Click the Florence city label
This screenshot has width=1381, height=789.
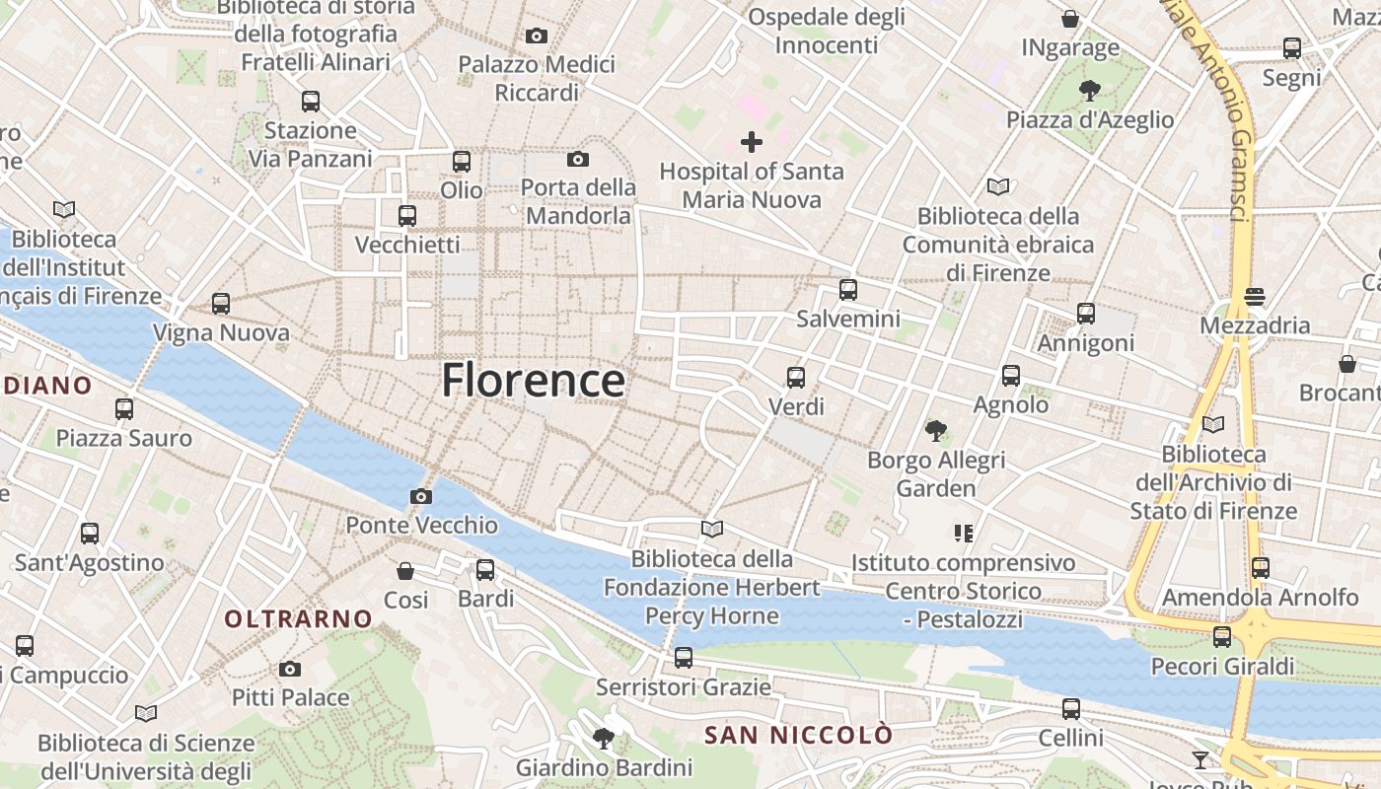[533, 381]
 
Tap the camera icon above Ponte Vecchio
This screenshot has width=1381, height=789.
[421, 496]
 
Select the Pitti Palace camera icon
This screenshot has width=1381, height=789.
[289, 669]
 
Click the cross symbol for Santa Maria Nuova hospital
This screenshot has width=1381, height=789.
[752, 142]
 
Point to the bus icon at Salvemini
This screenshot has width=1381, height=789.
[848, 290]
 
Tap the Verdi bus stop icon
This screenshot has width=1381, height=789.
[796, 377]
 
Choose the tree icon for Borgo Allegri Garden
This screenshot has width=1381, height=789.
[935, 430]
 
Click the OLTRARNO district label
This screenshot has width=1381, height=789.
[299, 619]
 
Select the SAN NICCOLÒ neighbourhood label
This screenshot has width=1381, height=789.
[799, 735]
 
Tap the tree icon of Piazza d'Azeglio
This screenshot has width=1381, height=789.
[1090, 91]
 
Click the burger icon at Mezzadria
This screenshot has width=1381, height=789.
[1255, 296]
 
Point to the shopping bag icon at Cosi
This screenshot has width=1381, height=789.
[405, 570]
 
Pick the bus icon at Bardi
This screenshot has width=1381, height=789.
[485, 569]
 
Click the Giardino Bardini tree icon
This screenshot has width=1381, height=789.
[604, 738]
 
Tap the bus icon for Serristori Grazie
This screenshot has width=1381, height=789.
[684, 657]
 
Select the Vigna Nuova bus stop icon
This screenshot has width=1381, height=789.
[221, 304]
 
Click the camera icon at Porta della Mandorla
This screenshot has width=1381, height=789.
[578, 159]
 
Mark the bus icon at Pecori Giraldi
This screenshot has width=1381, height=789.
[1222, 637]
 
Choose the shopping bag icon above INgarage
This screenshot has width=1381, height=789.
[1070, 19]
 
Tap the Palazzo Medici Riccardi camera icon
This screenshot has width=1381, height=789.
[537, 36]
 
